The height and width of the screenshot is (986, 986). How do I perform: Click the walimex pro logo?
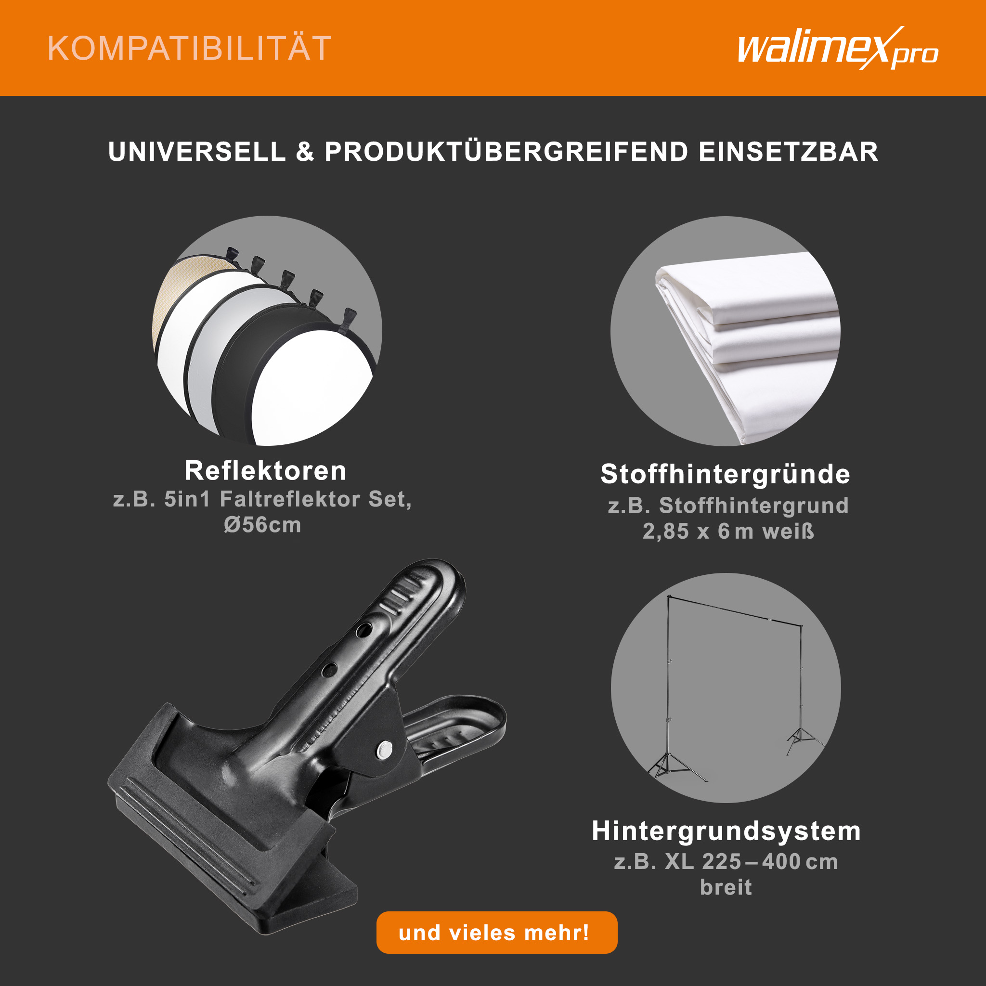click(x=838, y=49)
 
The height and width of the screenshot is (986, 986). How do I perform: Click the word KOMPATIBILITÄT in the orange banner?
click(x=189, y=49)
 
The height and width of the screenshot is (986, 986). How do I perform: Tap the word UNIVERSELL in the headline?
click(x=197, y=152)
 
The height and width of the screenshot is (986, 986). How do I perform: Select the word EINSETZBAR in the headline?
click(x=789, y=152)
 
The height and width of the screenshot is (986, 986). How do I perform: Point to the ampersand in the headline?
click(x=305, y=152)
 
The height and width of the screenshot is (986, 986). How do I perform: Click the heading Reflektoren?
click(x=265, y=470)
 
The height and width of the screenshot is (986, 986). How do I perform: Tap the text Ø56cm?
click(x=262, y=525)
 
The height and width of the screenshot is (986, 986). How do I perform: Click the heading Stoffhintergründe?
click(x=725, y=475)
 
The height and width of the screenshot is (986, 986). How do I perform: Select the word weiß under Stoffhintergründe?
click(x=788, y=532)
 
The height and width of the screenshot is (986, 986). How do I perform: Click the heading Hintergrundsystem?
click(x=726, y=831)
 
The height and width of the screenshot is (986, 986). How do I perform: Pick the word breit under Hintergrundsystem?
click(x=726, y=887)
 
